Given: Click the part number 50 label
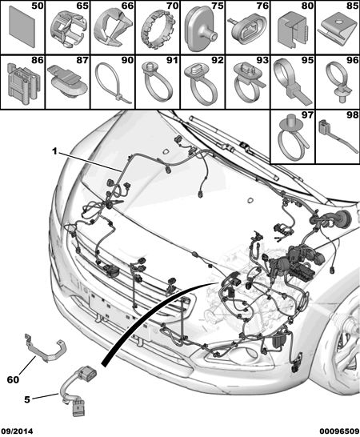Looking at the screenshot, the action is [38, 6].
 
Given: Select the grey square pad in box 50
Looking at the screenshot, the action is [22, 26].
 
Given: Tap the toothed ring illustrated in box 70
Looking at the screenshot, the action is [158, 30].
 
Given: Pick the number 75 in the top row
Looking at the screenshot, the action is [218, 6].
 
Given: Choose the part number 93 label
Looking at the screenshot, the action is [262, 60].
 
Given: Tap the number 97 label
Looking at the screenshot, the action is [308, 114].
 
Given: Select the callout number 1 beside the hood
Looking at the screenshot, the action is [54, 151].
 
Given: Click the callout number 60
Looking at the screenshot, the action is [13, 379].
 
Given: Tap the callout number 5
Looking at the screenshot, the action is [26, 399].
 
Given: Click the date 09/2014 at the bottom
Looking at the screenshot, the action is [17, 431].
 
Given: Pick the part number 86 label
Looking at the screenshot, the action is [38, 60].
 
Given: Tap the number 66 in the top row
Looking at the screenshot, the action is [127, 6].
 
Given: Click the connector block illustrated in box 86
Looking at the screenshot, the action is [23, 82].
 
